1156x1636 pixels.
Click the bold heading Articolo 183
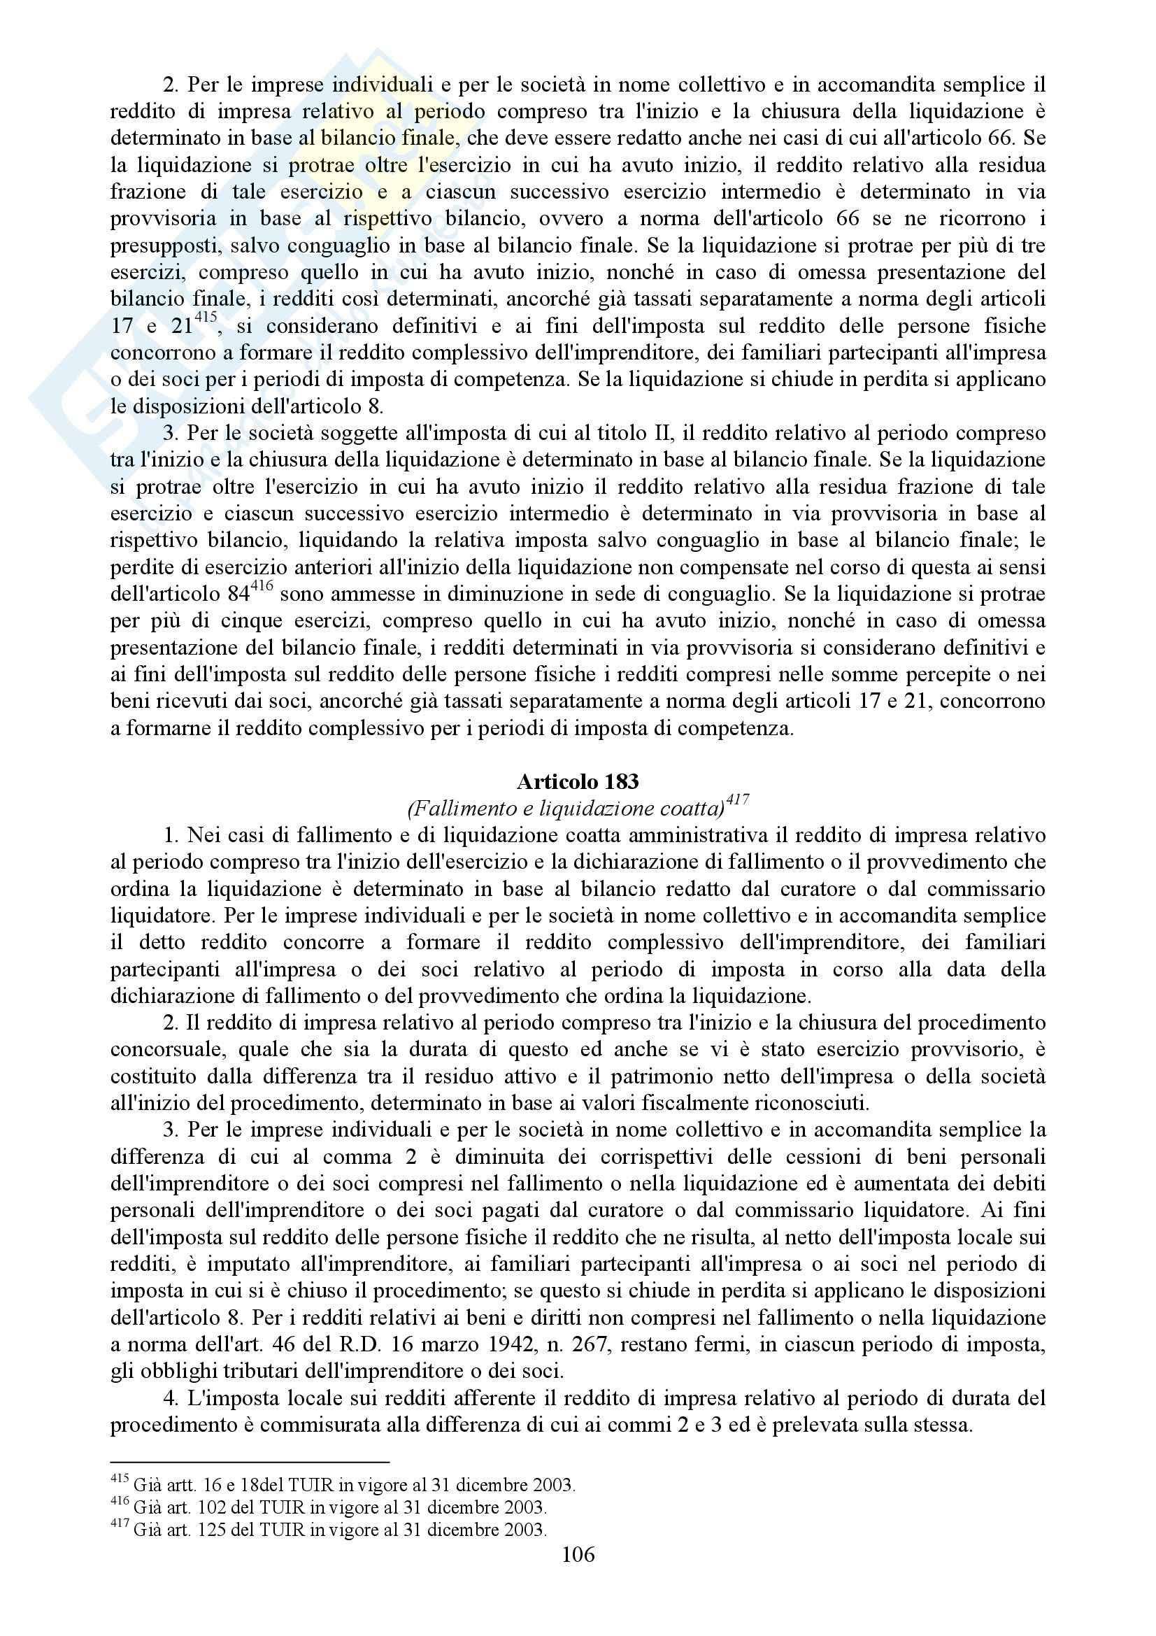(578, 783)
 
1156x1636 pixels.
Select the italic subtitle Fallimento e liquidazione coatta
(566, 809)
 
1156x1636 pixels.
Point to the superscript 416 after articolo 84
(264, 588)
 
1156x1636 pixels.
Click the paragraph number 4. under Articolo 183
(171, 1399)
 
